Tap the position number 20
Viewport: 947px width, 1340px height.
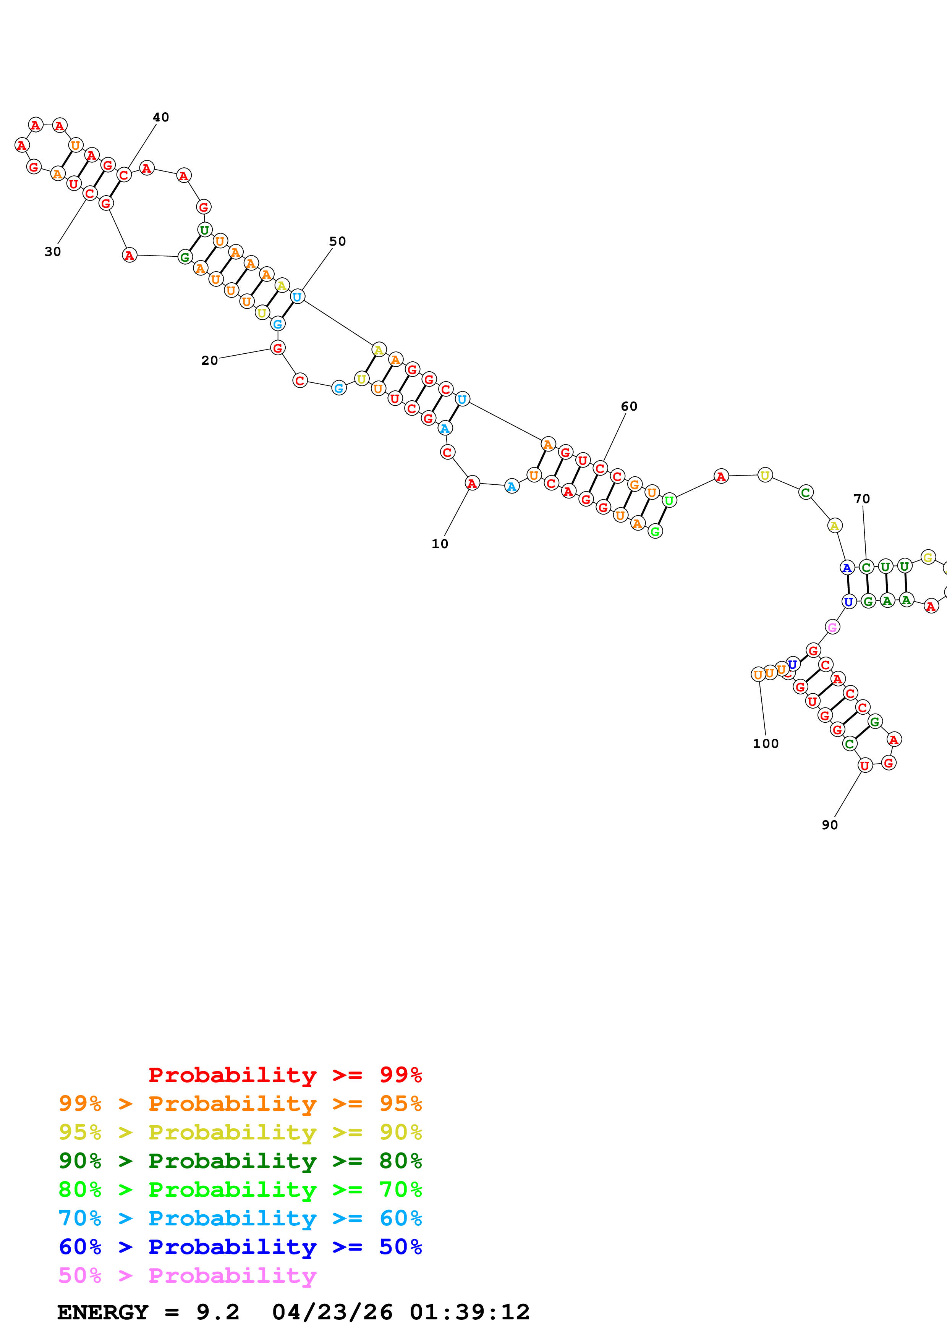pos(209,361)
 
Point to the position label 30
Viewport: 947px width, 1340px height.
pos(52,252)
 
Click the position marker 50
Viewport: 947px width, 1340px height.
pos(337,242)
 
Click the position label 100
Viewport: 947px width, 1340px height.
pos(766,744)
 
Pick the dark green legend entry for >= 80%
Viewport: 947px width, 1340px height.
pos(240,1161)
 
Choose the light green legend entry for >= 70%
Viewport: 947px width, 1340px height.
pos(240,1189)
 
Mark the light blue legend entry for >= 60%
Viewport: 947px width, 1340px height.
pos(240,1218)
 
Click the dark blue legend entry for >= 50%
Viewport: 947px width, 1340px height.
pos(240,1247)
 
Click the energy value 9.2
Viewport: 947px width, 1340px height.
pos(218,1312)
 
